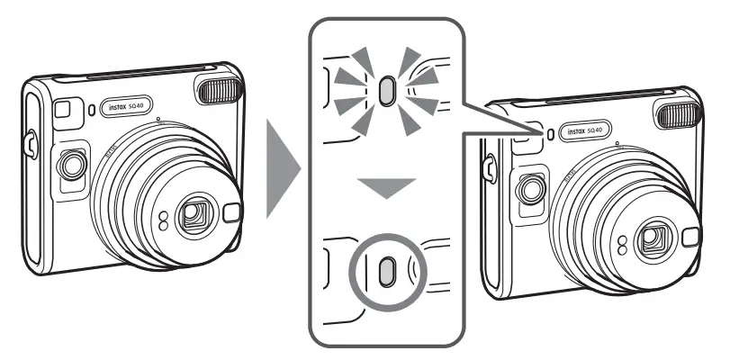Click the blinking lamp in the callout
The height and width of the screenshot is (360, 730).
click(386, 91)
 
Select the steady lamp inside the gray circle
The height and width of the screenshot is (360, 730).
click(385, 271)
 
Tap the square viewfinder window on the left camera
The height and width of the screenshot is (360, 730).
click(61, 109)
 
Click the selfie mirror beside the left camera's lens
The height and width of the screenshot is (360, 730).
click(230, 213)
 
